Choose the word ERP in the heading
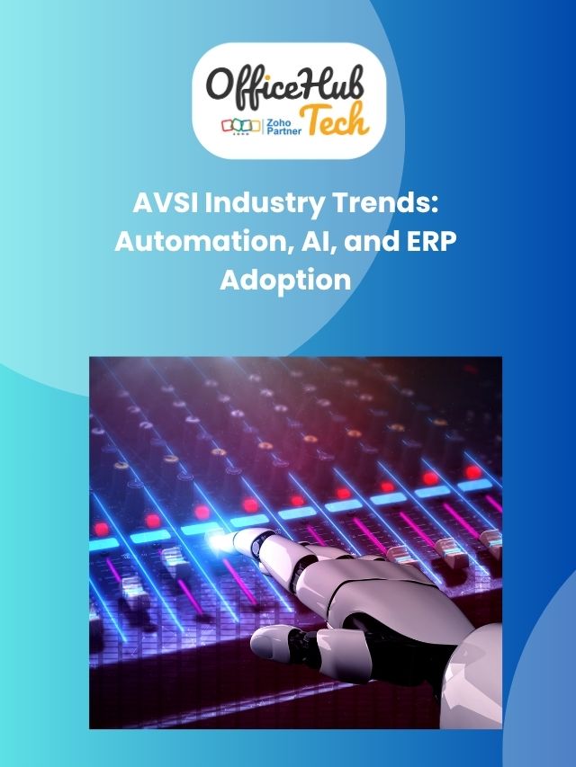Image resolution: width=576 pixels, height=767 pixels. point(427,242)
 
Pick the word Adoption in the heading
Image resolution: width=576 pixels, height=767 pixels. point(285,280)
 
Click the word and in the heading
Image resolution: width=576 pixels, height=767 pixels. point(364,242)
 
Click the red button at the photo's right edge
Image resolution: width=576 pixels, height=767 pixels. point(473,471)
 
